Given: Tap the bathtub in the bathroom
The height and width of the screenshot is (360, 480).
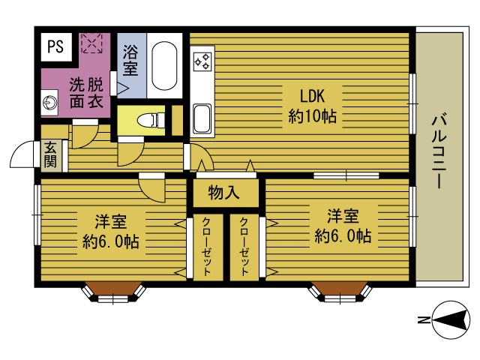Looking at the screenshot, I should (164, 64).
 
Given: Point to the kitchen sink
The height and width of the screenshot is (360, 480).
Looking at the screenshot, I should (202, 118).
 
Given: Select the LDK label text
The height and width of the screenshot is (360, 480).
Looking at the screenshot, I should (310, 96).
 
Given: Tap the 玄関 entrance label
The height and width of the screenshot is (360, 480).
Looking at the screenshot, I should (50, 154).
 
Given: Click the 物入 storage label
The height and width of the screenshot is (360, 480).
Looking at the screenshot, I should (223, 193).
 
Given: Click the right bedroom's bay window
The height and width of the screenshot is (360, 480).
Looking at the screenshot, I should (340, 292).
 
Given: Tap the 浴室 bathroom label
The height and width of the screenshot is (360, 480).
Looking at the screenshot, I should (130, 61).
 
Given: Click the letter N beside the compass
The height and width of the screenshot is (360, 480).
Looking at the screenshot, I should (422, 321).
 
